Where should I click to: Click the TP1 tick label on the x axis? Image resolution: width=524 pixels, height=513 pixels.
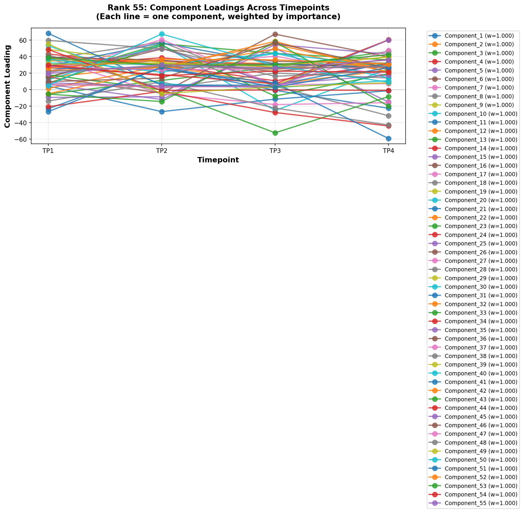pyautogui.click(x=48, y=151)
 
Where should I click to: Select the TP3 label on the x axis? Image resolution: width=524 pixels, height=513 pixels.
pyautogui.click(x=275, y=151)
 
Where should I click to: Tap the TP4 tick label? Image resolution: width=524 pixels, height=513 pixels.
pyautogui.click(x=389, y=151)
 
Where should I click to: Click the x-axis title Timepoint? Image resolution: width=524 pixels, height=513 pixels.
pyautogui.click(x=218, y=160)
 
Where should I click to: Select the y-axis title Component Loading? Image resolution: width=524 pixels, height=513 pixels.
pyautogui.click(x=7, y=86)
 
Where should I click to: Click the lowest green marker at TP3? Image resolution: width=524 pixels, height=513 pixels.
pyautogui.click(x=275, y=133)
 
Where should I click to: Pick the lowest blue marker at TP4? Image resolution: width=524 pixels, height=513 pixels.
pyautogui.click(x=389, y=138)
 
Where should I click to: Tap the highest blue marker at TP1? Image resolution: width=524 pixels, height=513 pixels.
pyautogui.click(x=48, y=33)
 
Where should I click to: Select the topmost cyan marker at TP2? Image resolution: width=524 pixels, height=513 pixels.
pyautogui.click(x=162, y=34)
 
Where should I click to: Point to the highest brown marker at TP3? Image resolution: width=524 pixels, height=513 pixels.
pyautogui.click(x=275, y=34)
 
